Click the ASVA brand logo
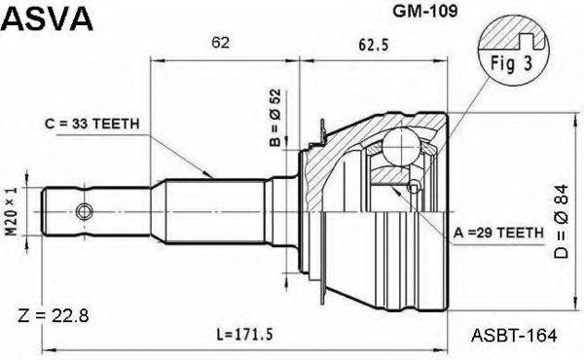click(x=47, y=18)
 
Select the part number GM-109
click(x=425, y=11)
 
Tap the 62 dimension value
click(x=220, y=43)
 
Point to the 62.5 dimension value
click(x=374, y=45)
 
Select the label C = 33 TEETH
click(x=92, y=124)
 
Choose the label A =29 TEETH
click(x=498, y=233)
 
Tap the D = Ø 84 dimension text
click(x=561, y=222)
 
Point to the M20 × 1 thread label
click(x=12, y=211)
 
